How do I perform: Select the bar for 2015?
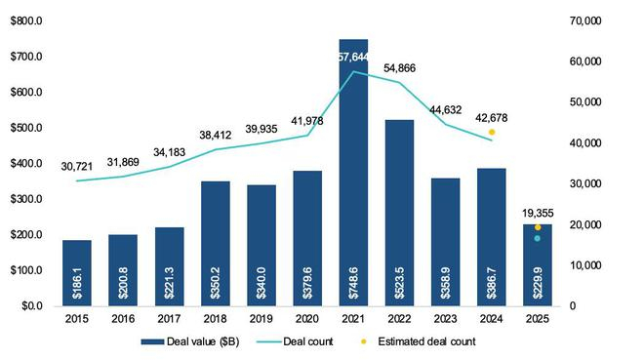point(78,272)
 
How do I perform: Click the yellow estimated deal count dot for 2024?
point(492,132)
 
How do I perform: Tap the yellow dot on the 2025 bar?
point(538,227)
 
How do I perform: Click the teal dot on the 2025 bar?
point(538,238)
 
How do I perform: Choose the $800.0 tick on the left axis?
point(28,20)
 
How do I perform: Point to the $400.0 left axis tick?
point(28,163)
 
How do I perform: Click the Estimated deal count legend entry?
point(434,341)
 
